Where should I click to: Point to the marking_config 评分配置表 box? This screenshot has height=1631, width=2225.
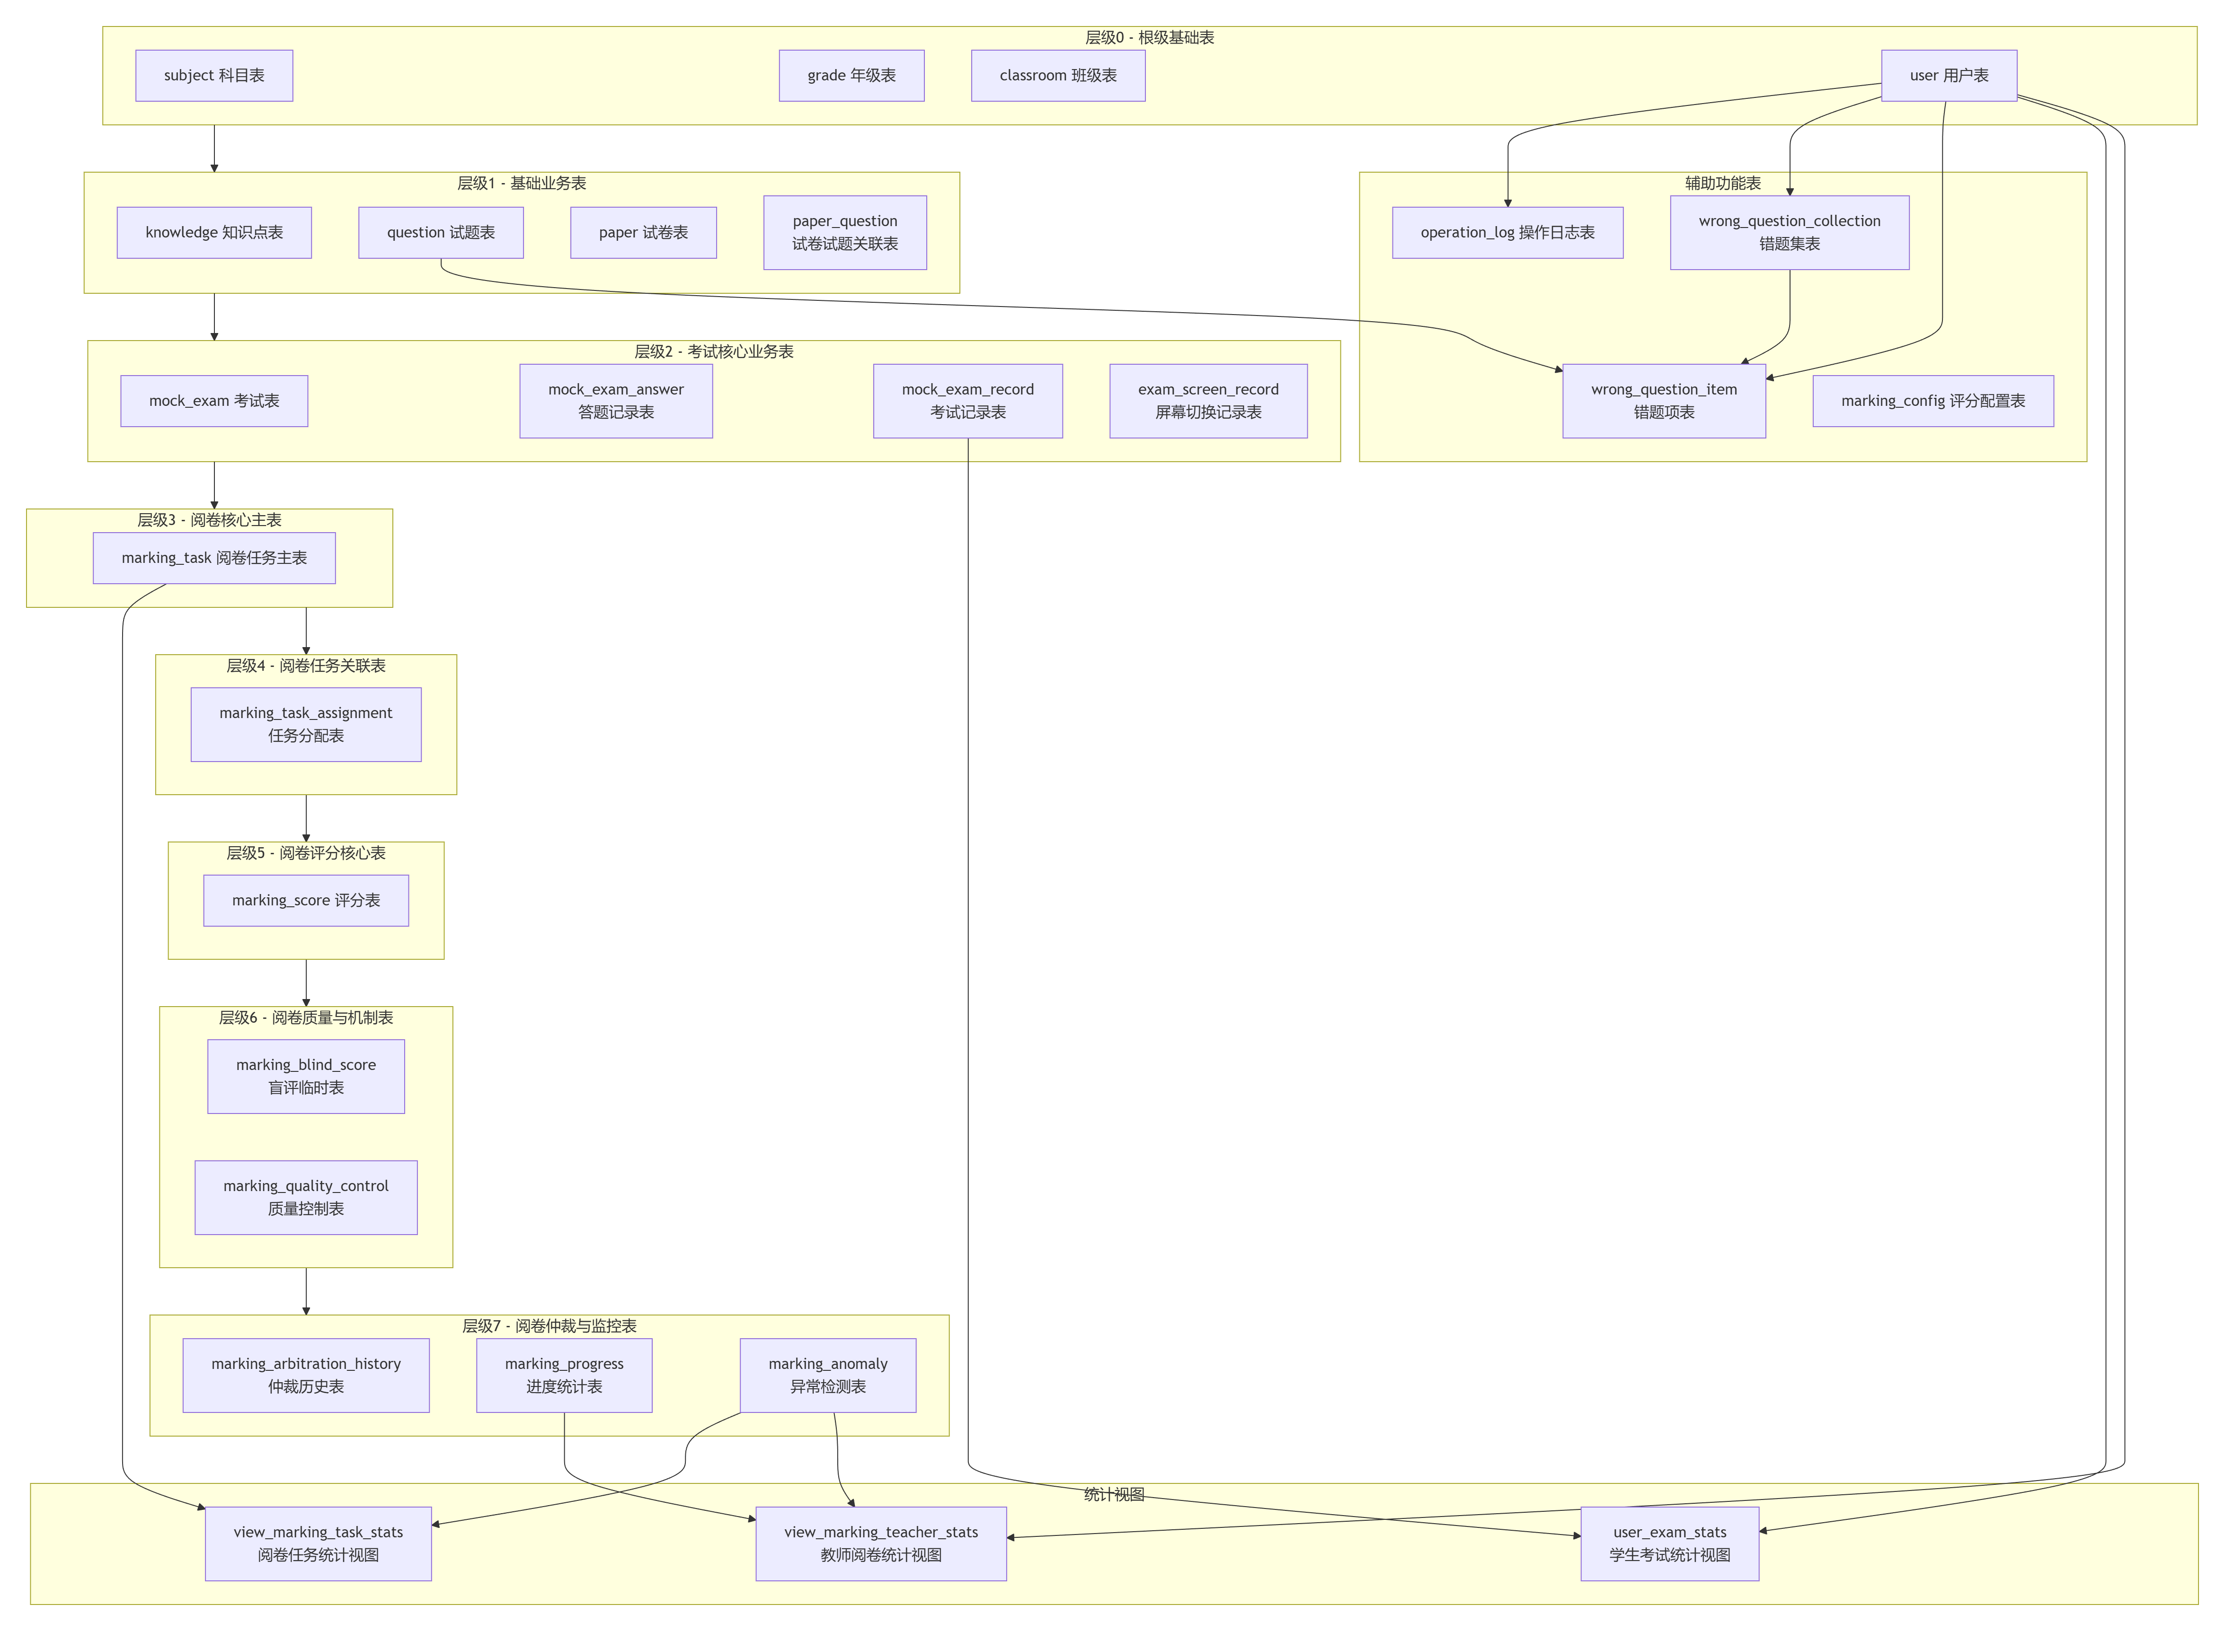[1932, 401]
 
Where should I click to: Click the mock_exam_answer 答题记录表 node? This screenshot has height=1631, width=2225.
[616, 401]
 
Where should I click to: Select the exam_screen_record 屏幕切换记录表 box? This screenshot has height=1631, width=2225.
[1208, 401]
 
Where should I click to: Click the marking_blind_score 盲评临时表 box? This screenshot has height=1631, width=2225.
[306, 1076]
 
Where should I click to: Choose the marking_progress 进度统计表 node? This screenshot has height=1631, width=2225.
[564, 1375]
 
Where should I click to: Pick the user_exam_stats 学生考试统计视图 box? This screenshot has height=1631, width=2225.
[1669, 1543]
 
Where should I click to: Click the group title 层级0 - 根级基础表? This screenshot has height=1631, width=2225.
[1150, 37]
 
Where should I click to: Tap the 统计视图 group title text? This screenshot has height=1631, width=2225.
[1114, 1495]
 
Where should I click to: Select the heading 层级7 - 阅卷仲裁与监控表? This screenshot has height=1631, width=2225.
[549, 1326]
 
